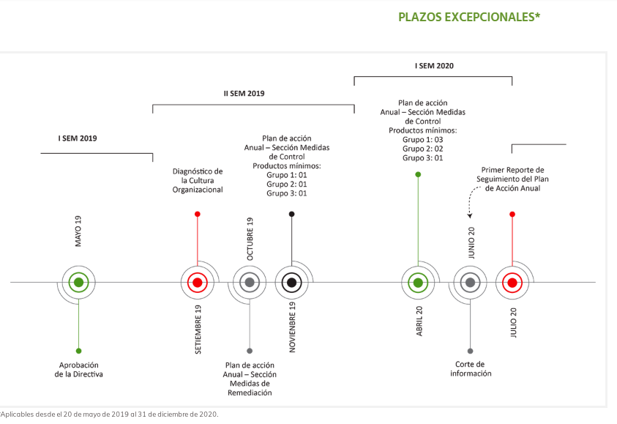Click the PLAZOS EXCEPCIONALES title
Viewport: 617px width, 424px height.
469,17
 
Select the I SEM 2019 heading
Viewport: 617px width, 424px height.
78,138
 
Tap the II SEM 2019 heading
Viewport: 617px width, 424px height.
244,93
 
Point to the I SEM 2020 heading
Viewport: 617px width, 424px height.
434,66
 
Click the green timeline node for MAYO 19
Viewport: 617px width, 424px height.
79,282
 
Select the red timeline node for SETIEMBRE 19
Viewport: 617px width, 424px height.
198,282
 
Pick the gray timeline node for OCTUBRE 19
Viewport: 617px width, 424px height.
250,282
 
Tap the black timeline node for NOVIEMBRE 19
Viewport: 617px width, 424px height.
291,282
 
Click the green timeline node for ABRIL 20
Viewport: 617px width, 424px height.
418,282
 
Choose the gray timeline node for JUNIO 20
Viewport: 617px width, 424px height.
470,282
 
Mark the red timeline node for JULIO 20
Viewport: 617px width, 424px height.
512,282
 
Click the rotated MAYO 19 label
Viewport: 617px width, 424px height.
78,231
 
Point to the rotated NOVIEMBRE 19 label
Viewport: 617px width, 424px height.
292,327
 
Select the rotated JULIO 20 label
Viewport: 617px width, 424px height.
513,322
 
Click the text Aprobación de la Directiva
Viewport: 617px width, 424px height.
79,370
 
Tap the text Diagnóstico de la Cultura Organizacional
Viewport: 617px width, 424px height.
198,180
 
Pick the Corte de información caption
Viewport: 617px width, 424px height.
471,369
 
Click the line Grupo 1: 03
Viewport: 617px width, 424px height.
422,139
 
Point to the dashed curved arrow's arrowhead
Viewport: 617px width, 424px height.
469,215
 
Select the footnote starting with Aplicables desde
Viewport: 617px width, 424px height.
109,414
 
